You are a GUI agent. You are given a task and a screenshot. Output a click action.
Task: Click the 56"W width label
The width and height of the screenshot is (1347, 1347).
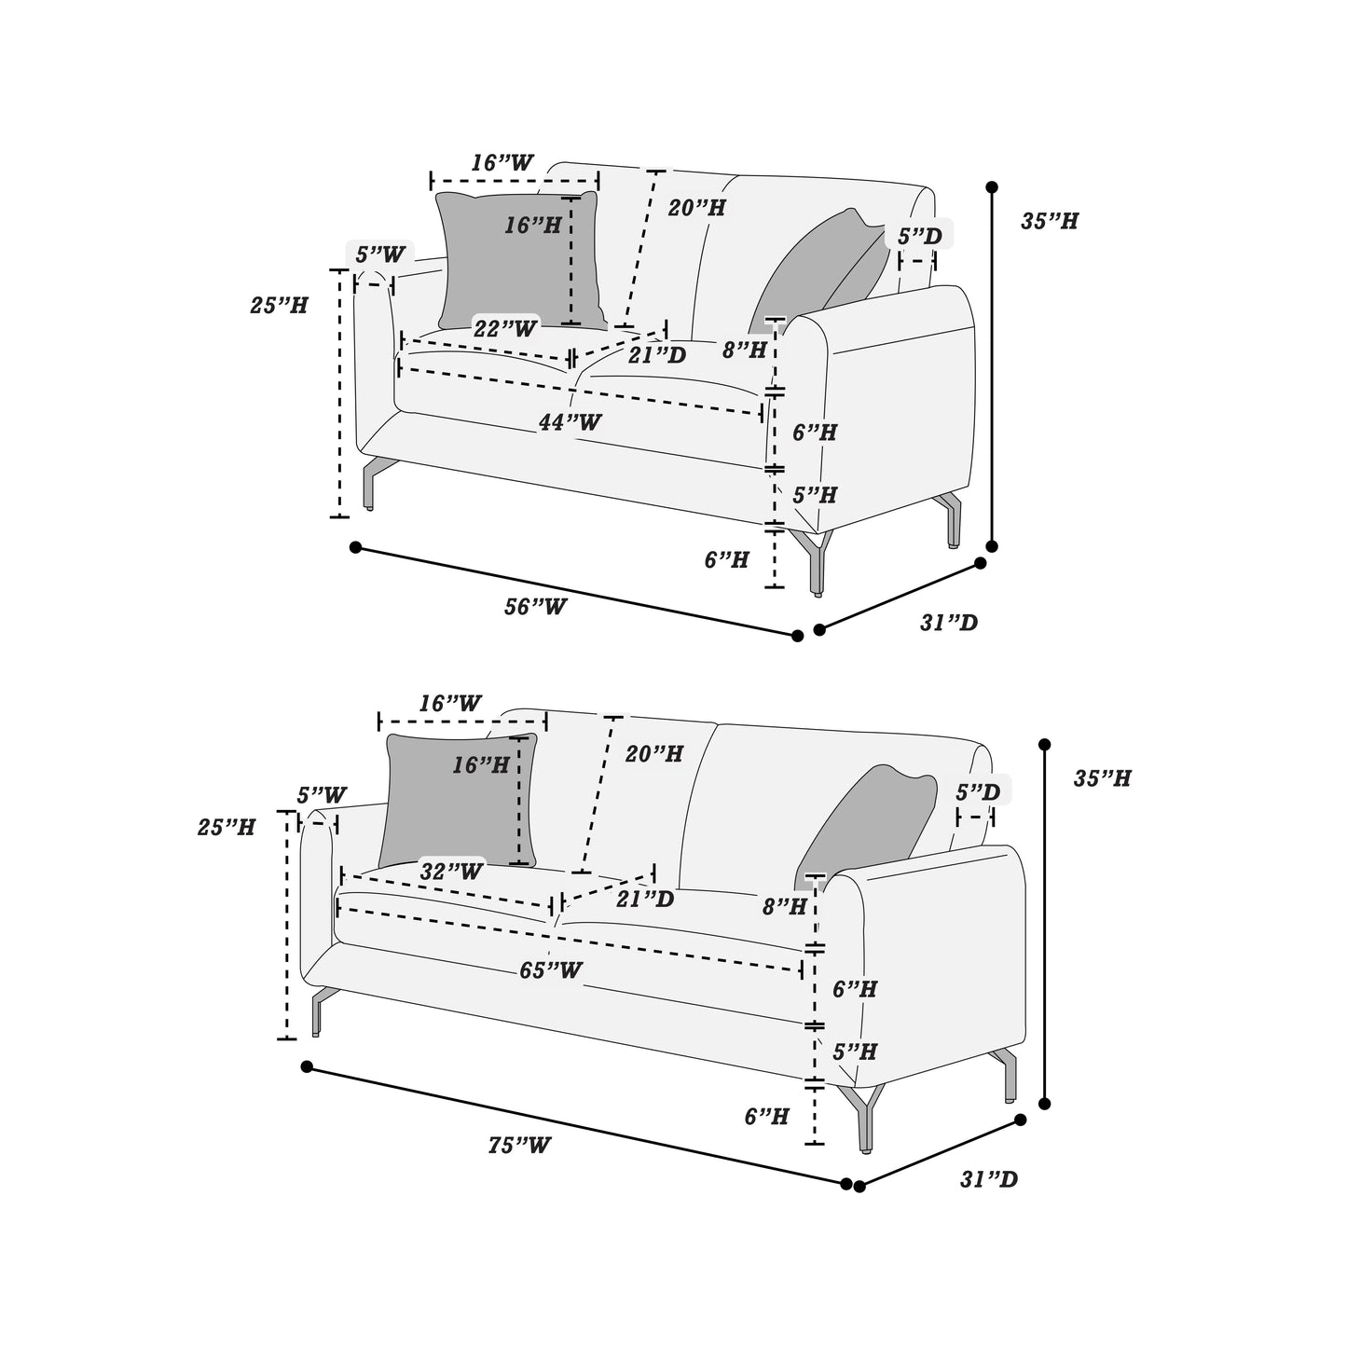[535, 606]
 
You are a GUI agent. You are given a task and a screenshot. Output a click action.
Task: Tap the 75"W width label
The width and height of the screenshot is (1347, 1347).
[519, 1146]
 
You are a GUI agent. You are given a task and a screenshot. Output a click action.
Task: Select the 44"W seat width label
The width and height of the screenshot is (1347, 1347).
[570, 422]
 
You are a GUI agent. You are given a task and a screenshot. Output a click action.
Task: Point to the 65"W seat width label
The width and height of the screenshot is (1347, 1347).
[551, 970]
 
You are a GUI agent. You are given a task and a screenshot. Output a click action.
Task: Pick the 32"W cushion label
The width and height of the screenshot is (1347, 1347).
[451, 872]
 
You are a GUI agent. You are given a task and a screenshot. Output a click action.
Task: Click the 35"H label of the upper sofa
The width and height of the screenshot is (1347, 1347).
[1050, 222]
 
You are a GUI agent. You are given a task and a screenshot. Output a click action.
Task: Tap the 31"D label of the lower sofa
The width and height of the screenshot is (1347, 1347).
[989, 1180]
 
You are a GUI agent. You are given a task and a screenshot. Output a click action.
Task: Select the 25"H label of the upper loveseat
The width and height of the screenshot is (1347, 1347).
[279, 305]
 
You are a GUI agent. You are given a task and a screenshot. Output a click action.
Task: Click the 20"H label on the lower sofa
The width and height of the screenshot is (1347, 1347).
[654, 753]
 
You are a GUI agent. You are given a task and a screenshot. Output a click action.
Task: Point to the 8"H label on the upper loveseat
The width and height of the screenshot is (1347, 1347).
[745, 350]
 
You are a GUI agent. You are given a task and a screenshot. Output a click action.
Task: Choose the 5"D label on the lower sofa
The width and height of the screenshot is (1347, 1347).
[978, 792]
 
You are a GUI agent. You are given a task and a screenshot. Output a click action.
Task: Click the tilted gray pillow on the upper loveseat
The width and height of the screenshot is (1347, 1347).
[820, 266]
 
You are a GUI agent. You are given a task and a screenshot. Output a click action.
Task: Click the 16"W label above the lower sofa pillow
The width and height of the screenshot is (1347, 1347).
[450, 704]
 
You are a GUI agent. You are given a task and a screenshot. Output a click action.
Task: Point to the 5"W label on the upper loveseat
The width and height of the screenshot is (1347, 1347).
[380, 254]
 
